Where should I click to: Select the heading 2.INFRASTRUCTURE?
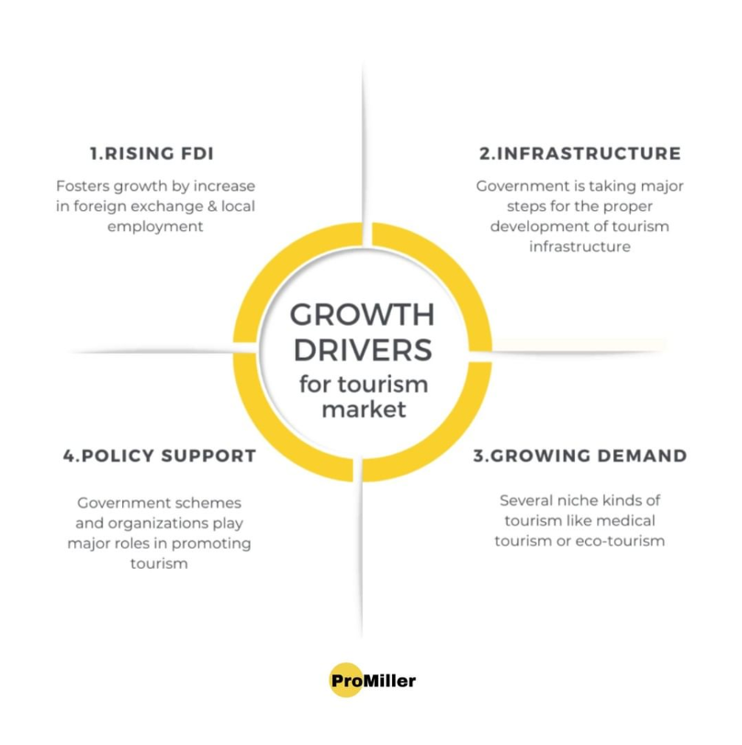click(579, 153)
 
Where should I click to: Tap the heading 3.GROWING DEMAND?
click(579, 455)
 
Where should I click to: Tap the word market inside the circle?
click(363, 409)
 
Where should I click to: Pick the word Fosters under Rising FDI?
click(84, 185)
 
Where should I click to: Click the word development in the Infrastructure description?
click(538, 226)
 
